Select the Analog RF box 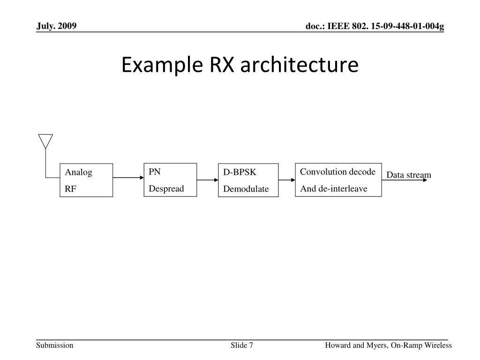coord(86,180)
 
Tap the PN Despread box coord(170,180)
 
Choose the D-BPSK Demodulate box coord(248,180)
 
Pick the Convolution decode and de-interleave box coord(338,180)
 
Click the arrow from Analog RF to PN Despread coord(128,178)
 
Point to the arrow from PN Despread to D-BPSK coord(207,180)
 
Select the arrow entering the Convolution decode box coord(286,180)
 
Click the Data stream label coord(408,175)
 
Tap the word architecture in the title coord(300,65)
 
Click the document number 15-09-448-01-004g coord(413,27)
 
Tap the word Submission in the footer coord(55,345)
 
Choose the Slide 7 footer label coord(242,345)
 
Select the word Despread coord(166,188)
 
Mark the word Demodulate coord(246,189)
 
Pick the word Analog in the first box coord(79,172)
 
